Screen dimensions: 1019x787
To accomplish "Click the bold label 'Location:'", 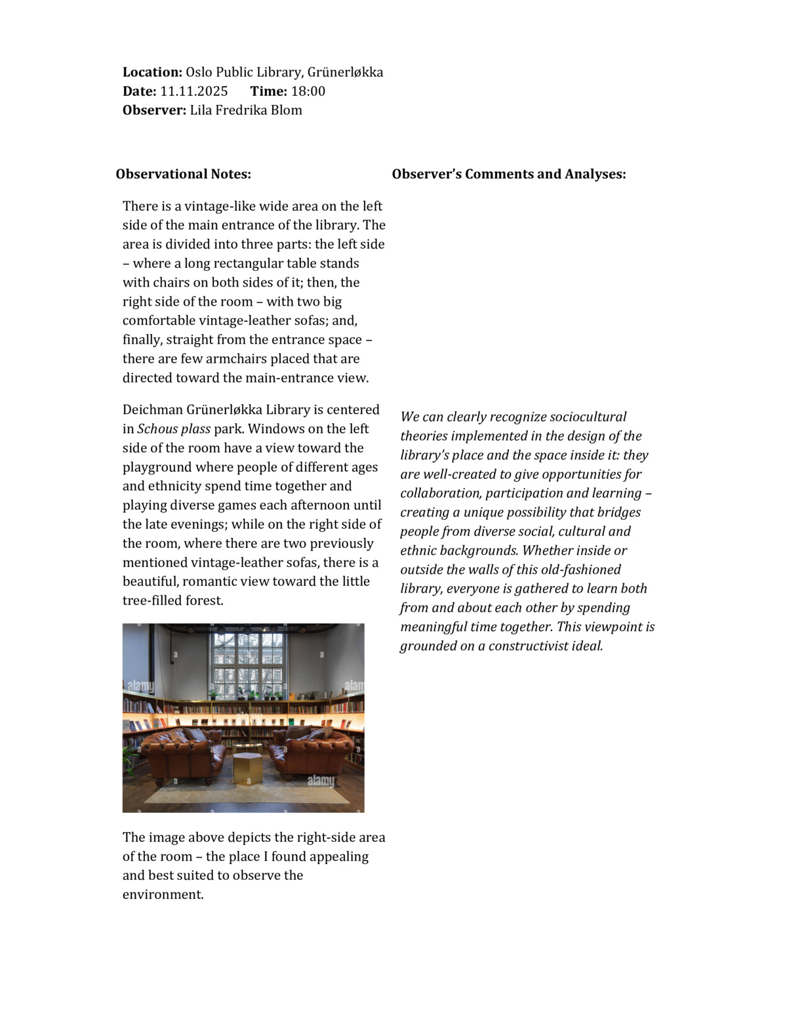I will coord(152,72).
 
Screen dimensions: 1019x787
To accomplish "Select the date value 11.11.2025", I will coord(194,91).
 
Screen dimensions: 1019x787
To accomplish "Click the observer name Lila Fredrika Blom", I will coord(246,110).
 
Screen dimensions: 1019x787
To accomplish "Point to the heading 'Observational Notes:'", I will coord(184,174).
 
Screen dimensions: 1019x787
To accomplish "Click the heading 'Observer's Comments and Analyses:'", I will coord(509,174).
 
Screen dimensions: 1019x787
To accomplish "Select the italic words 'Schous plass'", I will coord(174,429).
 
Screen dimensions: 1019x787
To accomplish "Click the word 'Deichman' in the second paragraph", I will coord(153,410).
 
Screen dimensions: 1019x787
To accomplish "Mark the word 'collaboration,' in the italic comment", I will coord(441,493).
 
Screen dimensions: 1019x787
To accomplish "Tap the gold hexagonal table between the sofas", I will coord(247,768).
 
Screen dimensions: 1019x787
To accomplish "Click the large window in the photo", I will coord(247,663).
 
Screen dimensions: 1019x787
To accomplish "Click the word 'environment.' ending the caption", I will coord(163,895).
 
